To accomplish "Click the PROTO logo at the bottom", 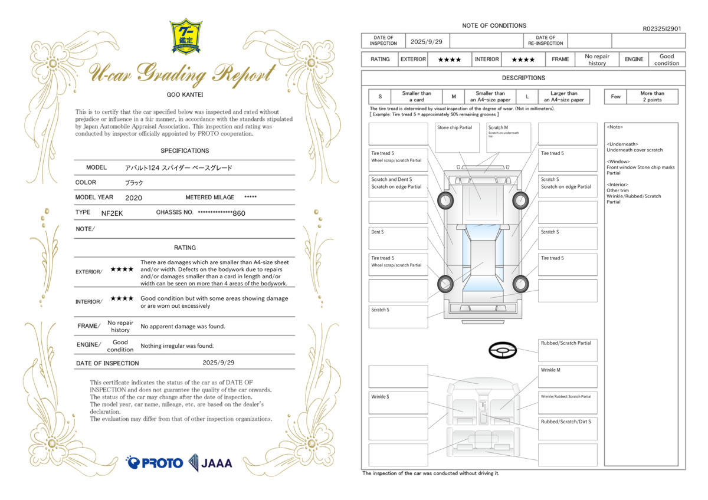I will click(x=155, y=463).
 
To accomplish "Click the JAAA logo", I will click(x=211, y=463).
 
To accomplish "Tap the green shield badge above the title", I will click(x=186, y=36).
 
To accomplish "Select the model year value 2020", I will click(x=133, y=198).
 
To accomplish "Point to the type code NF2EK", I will click(x=112, y=212).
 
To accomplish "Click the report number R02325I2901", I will click(x=661, y=28).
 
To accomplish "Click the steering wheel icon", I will click(x=503, y=351).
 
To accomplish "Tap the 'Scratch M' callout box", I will click(x=509, y=137).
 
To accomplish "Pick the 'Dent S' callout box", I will click(x=398, y=238).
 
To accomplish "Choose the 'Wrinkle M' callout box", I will click(x=567, y=376).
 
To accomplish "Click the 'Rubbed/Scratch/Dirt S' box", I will click(x=567, y=428).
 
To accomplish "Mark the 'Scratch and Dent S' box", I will click(x=398, y=186).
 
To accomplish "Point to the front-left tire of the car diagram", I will click(x=445, y=200).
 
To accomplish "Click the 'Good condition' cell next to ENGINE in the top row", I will click(x=667, y=60).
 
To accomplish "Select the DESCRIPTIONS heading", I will click(x=523, y=78).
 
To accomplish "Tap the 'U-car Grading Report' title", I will click(x=182, y=74).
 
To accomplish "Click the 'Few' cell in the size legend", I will click(x=615, y=97).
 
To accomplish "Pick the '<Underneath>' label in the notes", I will click(x=622, y=144).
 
